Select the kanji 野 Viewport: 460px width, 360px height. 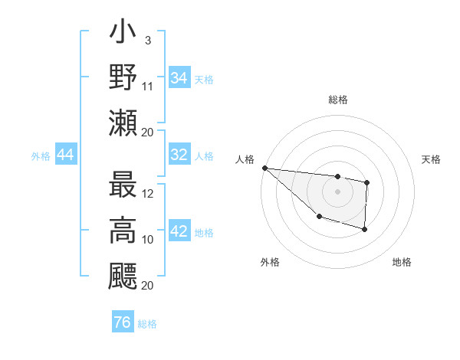[x=123, y=79]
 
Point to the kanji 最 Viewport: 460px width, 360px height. [x=123, y=188]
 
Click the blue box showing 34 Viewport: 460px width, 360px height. [x=179, y=77]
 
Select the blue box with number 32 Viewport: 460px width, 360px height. [x=179, y=155]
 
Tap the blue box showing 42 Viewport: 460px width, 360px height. [x=179, y=231]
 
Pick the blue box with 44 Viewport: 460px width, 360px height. [x=65, y=155]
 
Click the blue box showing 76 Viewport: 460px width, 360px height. [x=122, y=322]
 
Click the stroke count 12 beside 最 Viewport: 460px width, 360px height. [x=148, y=194]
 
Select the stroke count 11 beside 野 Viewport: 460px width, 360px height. [x=148, y=87]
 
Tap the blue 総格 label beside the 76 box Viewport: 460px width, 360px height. [x=147, y=324]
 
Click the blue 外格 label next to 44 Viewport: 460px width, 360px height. [x=41, y=156]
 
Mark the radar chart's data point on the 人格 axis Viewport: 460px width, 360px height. [x=264, y=167]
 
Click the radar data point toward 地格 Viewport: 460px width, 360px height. [x=365, y=229]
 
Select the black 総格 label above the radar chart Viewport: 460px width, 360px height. [x=337, y=99]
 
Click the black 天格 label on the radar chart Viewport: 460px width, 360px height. [x=431, y=159]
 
